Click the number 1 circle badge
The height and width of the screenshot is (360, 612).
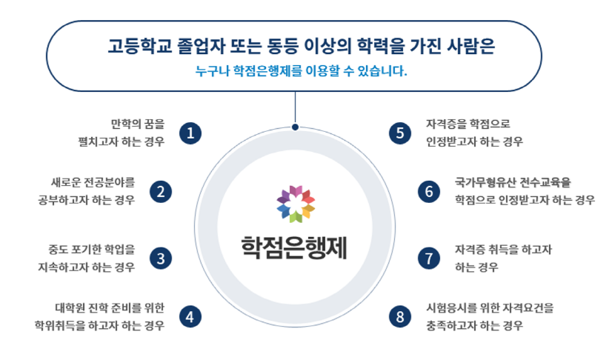point(190,133)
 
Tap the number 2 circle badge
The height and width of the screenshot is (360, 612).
point(161,192)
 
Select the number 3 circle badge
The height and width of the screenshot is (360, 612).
point(161,259)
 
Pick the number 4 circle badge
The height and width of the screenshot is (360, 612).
point(190,316)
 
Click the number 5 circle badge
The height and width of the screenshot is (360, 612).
point(400,133)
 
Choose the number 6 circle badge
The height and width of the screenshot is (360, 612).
point(429,192)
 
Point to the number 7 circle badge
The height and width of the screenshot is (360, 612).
point(429,259)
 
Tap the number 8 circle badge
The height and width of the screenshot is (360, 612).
point(400,316)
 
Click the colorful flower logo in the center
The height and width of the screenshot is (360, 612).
point(296,204)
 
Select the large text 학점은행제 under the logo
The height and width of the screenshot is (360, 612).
point(294,247)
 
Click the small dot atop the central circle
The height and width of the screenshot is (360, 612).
point(295,127)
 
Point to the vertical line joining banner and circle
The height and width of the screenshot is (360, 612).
point(295,107)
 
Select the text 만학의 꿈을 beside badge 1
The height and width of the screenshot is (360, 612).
point(138,124)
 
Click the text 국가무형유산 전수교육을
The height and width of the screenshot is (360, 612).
point(513,182)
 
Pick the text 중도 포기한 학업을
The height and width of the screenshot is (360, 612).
point(92,249)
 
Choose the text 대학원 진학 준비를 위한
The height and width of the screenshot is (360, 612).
point(110,307)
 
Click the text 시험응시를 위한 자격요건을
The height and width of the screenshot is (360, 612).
point(490,307)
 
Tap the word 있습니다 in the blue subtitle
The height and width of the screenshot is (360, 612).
point(382,71)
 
